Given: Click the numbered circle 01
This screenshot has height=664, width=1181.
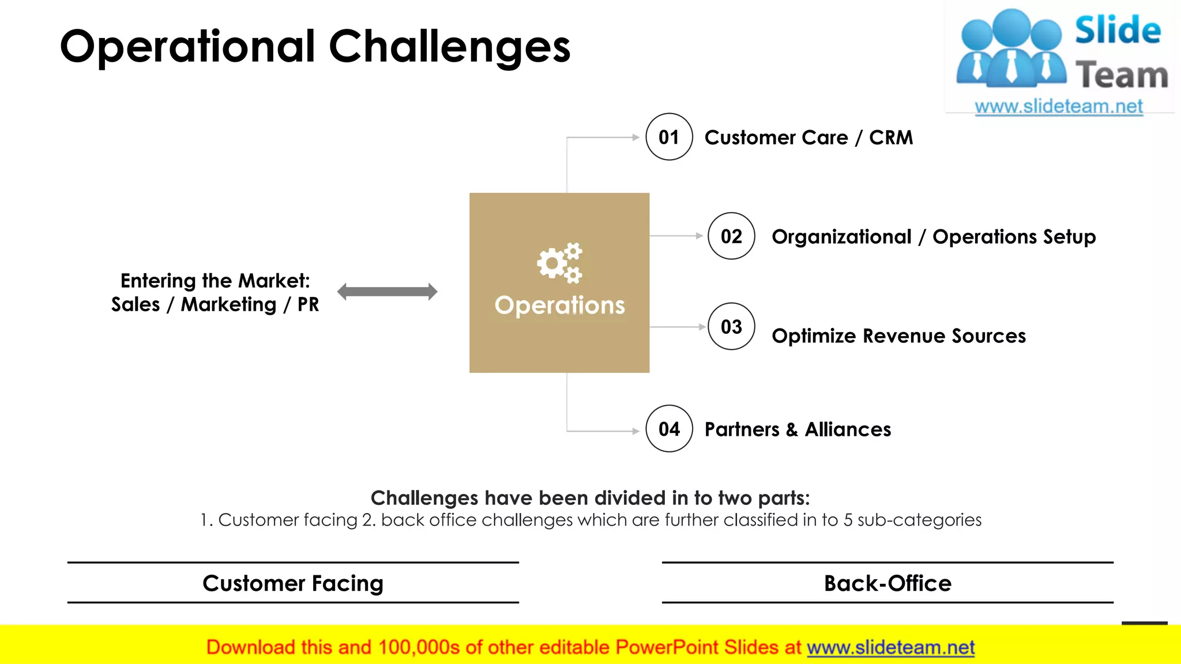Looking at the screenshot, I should coord(669,137).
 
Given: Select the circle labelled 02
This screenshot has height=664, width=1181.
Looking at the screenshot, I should coord(731,236).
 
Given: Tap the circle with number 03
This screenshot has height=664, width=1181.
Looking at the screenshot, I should coord(731,327).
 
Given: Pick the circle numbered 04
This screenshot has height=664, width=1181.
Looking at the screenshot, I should coord(669,429).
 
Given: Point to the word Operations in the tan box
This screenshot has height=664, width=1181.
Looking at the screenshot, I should coord(559,305).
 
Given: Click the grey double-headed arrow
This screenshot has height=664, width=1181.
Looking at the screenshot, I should coord(388,292).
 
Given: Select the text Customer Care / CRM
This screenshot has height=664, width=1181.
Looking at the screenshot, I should coord(808,138).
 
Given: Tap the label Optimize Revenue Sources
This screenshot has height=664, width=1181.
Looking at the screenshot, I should coord(898,336).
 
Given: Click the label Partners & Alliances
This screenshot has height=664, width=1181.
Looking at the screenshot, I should coord(798,429).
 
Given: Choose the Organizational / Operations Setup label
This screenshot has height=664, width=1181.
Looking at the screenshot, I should coord(933,237).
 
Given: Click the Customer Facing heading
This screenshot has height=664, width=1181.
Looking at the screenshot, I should coord(293,583).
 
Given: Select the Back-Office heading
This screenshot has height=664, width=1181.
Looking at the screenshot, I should coord(887,583).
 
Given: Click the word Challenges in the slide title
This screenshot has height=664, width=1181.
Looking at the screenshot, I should coord(449,47).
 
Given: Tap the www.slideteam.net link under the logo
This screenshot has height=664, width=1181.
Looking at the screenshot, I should coord(1058,107).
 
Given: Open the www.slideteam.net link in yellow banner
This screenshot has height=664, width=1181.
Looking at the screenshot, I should coord(890,648).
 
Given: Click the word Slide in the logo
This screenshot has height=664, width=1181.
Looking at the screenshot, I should coord(1118,31).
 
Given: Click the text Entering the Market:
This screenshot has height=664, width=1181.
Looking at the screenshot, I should coord(215,281).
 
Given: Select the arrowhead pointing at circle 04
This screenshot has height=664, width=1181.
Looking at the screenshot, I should coord(635,431).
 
